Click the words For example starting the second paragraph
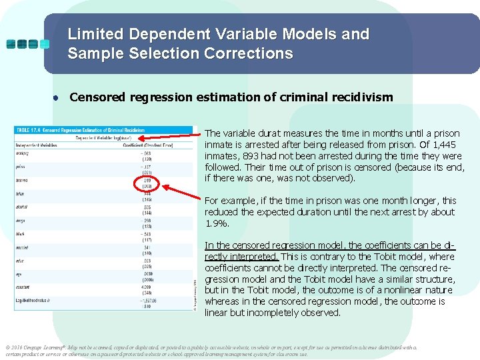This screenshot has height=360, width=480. pyautogui.click(x=229, y=201)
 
